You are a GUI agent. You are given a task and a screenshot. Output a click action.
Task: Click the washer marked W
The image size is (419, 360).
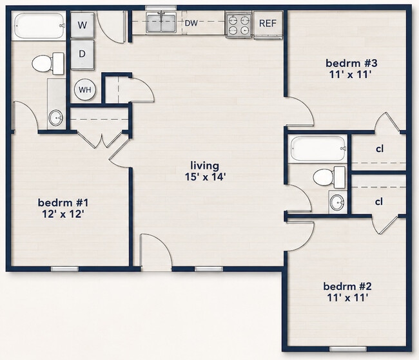[x=83, y=25]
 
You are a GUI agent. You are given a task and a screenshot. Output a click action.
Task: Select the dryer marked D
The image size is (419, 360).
[x=83, y=55]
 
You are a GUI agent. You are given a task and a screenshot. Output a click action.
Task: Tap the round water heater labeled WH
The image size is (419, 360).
[x=84, y=90]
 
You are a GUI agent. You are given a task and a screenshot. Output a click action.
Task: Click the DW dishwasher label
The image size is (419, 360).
[x=191, y=23]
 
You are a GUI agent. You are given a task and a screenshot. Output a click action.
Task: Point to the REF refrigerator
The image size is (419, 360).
[x=268, y=24]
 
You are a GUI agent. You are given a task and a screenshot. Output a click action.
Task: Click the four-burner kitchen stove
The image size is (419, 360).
[x=239, y=24]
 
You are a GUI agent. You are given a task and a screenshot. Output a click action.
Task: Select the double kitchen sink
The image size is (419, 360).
[x=161, y=23]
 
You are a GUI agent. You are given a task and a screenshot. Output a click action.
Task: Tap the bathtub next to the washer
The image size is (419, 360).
[x=39, y=26]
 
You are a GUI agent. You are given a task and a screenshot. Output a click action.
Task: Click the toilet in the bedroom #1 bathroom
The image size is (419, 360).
[x=48, y=64]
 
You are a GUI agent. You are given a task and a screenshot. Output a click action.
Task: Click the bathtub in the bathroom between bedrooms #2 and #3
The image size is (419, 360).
[x=318, y=148]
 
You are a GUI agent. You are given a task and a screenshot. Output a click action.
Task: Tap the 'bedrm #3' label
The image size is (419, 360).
[x=351, y=63]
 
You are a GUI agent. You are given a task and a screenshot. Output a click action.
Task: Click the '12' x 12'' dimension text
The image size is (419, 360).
[x=63, y=214]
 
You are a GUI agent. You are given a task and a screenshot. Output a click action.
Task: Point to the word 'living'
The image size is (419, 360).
[x=205, y=166]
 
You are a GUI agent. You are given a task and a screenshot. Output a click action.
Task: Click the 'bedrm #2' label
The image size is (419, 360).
[x=347, y=287]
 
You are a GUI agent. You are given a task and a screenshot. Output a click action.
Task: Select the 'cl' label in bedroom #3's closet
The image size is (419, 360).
[x=380, y=149]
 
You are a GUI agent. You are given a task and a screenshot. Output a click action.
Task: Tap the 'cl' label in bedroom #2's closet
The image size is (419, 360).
[x=379, y=202]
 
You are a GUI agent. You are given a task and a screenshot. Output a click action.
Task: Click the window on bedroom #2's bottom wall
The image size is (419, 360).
[x=348, y=349]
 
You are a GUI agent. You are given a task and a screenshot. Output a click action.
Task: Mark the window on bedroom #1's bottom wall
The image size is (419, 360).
[x=64, y=269]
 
